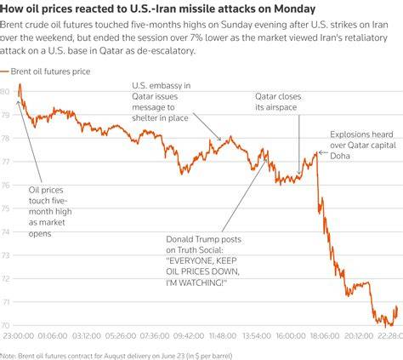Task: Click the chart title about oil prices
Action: [158, 9]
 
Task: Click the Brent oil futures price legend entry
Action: [45, 71]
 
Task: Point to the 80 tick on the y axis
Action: [5, 91]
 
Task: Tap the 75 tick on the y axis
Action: [5, 209]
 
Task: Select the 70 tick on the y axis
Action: [5, 325]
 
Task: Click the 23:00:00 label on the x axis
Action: [19, 336]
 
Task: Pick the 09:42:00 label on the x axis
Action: [189, 336]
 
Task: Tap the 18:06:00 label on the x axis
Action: [325, 336]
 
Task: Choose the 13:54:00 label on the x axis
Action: [257, 336]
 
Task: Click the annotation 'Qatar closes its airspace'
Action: [278, 101]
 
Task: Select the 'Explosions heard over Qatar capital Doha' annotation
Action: [363, 145]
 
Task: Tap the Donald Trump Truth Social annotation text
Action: [204, 260]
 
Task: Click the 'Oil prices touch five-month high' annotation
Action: [50, 211]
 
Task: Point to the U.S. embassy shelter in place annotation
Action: [162, 101]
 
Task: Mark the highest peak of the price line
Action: [20, 84]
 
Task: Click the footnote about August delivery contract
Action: [116, 356]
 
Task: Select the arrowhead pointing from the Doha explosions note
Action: [321, 152]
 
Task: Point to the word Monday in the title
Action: [295, 9]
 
